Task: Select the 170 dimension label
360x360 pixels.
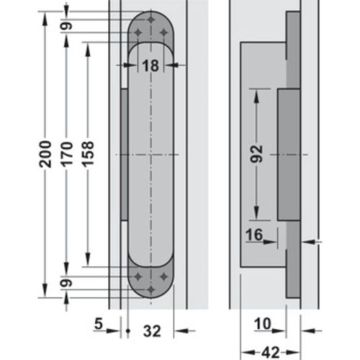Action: (66, 153)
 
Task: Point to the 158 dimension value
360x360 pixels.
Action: (89, 153)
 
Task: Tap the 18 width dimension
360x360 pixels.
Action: (150, 66)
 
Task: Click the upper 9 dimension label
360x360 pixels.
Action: (66, 26)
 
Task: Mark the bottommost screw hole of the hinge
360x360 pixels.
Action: (150, 289)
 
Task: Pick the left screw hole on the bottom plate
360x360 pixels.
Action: (138, 276)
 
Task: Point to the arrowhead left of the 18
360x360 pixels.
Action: (132, 66)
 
